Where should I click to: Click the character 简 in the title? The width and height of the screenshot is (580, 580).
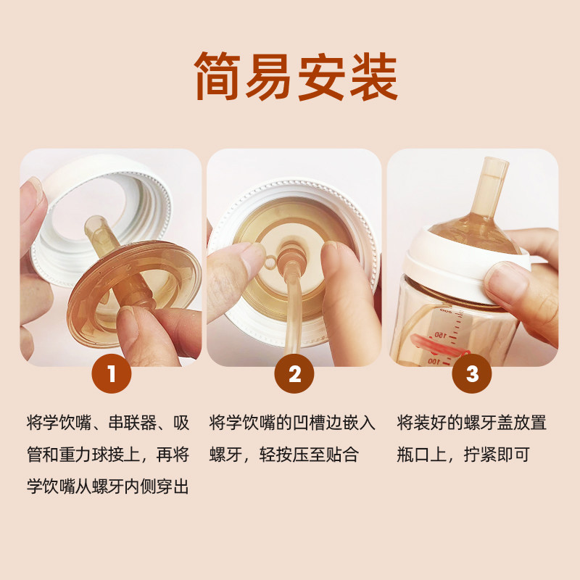(x=218, y=76)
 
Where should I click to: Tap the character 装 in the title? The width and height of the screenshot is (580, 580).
(x=374, y=76)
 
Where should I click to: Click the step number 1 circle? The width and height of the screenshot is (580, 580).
(x=112, y=373)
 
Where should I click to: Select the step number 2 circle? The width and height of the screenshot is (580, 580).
(x=294, y=373)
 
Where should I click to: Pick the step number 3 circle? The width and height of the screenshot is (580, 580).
(x=472, y=373)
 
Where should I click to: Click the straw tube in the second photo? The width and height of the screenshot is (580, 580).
(x=291, y=315)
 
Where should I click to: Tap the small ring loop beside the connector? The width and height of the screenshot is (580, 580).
(x=270, y=262)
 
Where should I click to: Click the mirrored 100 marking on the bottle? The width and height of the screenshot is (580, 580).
(x=435, y=360)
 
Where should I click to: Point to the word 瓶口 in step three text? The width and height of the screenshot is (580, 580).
(x=413, y=455)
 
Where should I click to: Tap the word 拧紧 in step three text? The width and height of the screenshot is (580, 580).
(x=480, y=455)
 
